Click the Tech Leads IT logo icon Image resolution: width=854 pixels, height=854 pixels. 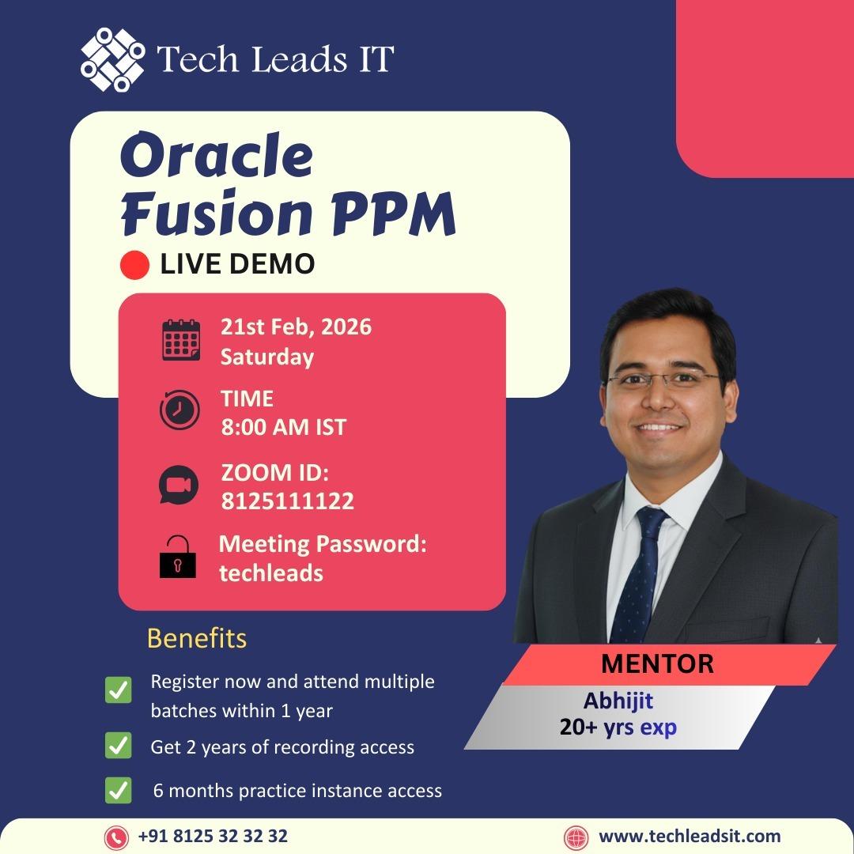pyautogui.click(x=113, y=59)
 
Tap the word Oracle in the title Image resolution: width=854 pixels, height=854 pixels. pyautogui.click(x=216, y=157)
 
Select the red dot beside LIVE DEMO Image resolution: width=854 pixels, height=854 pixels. pyautogui.click(x=134, y=265)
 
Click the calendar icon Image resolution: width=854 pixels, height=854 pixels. pyautogui.click(x=180, y=340)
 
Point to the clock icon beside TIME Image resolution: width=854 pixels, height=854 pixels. pyautogui.click(x=179, y=410)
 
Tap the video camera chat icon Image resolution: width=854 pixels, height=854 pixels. pyautogui.click(x=179, y=485)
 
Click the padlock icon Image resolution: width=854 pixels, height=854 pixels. pyautogui.click(x=177, y=557)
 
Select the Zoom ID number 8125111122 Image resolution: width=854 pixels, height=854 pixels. pyautogui.click(x=287, y=501)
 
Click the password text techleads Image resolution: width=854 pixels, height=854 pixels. pyautogui.click(x=271, y=572)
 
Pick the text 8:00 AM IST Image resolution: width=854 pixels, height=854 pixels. pyautogui.click(x=283, y=427)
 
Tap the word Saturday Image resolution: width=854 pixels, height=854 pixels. pyautogui.click(x=266, y=357)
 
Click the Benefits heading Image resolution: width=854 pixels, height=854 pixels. pyautogui.click(x=197, y=638)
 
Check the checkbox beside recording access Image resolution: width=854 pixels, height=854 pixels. pyautogui.click(x=119, y=746)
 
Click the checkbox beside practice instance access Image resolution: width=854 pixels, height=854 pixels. pyautogui.click(x=119, y=790)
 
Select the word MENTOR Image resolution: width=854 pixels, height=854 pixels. pyautogui.click(x=657, y=663)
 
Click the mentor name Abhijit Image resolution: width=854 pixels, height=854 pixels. pyautogui.click(x=618, y=701)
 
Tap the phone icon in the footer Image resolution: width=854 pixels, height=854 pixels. pyautogui.click(x=116, y=837)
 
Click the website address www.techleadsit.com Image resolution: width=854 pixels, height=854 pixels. pyautogui.click(x=690, y=836)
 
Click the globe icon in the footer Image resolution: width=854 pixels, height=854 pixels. pyautogui.click(x=576, y=837)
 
